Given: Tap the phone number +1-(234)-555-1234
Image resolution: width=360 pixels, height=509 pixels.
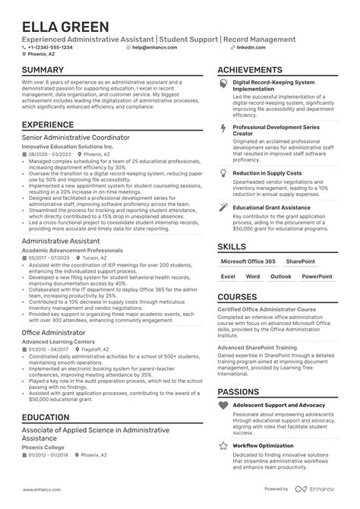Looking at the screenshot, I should [52, 47].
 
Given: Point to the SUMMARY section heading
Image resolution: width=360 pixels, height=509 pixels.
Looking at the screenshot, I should [43, 70].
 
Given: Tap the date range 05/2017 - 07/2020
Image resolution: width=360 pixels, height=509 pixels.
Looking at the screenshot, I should [49, 257].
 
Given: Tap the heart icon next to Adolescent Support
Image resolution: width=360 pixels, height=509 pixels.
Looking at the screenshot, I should [223, 406].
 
